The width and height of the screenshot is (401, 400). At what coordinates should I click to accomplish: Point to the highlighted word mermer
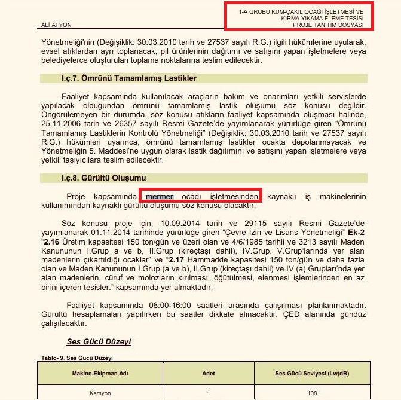160,196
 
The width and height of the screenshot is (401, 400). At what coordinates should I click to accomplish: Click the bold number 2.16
52,241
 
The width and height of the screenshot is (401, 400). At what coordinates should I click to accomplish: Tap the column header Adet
209,373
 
